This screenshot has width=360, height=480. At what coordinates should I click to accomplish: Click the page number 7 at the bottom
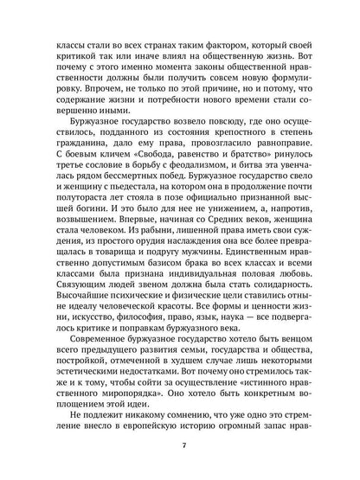pyautogui.click(x=180, y=445)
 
